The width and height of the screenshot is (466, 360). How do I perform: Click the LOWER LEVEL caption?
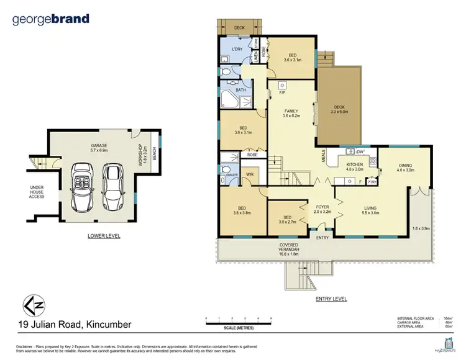point(103,236)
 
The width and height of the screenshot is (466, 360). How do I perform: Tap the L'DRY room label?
point(237,48)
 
